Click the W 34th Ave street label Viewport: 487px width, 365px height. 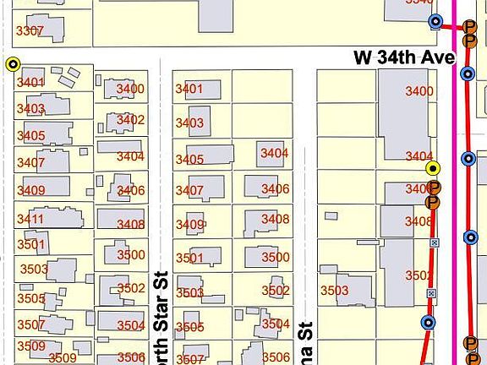pyautogui.click(x=404, y=57)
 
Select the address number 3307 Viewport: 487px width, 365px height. pyautogui.click(x=30, y=31)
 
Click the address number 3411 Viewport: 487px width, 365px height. pyautogui.click(x=30, y=220)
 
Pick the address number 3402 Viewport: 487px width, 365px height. pyautogui.click(x=130, y=120)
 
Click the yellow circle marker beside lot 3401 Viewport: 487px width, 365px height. pyautogui.click(x=13, y=64)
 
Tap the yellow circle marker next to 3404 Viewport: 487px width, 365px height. pyautogui.click(x=433, y=168)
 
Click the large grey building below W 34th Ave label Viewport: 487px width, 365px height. pyautogui.click(x=402, y=114)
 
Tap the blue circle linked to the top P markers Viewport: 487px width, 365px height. pyautogui.click(x=436, y=22)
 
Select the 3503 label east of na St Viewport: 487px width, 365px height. pyautogui.click(x=334, y=291)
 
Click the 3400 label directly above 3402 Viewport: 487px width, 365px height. pyautogui.click(x=130, y=89)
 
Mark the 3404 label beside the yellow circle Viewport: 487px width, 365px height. pyautogui.click(x=419, y=156)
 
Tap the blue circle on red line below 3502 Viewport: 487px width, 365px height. pyautogui.click(x=428, y=322)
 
